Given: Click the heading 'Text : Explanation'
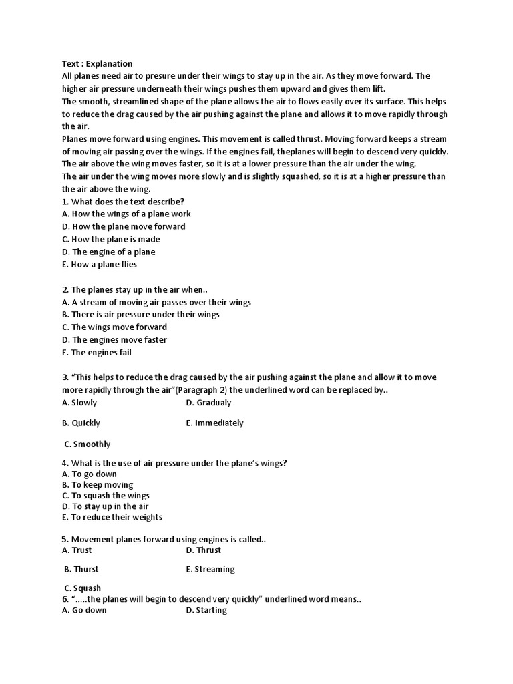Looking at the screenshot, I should (x=98, y=63).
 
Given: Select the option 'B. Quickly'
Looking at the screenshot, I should (x=81, y=423).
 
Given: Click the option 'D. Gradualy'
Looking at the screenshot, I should (x=209, y=403).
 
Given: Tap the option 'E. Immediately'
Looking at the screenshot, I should (x=215, y=423).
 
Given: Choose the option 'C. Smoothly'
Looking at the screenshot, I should (x=88, y=444).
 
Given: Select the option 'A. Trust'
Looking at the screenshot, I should (x=77, y=550).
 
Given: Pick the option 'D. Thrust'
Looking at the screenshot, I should (x=204, y=550).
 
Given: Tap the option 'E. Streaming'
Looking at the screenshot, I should (x=210, y=570).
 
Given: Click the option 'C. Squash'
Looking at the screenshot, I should (x=83, y=588).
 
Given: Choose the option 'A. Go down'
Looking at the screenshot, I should (x=84, y=611).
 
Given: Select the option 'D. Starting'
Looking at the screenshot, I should (x=207, y=611).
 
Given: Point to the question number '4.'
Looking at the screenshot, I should (x=65, y=463).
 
